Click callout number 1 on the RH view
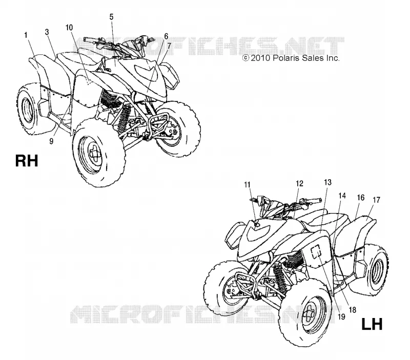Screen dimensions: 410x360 [x=26, y=35]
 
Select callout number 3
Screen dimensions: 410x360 [x=47, y=32]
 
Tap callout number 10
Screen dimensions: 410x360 [x=69, y=28]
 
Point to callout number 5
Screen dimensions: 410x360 [x=111, y=17]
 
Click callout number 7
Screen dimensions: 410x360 [x=169, y=46]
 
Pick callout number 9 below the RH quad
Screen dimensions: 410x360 [x=51, y=141]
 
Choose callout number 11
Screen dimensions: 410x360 [x=247, y=185]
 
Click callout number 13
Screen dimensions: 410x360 [x=327, y=182]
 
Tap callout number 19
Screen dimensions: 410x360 [x=341, y=317]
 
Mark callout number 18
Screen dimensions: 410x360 [x=353, y=310]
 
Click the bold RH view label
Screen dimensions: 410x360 [x=27, y=161]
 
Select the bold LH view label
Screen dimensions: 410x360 [x=372, y=324]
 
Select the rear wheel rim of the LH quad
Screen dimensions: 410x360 [x=377, y=272]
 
